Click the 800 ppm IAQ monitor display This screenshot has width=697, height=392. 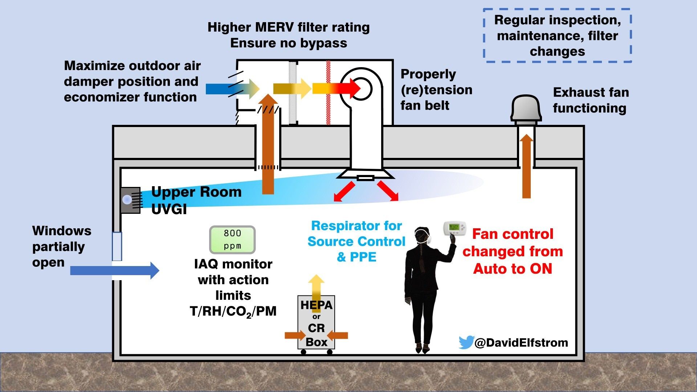click(232, 240)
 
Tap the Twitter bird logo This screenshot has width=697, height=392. click(466, 342)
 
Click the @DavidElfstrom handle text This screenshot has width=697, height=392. click(521, 343)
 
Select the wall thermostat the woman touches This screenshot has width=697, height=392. click(455, 228)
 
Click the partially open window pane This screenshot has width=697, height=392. click(117, 246)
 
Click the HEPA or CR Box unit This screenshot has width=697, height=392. click(316, 323)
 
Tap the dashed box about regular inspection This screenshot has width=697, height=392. click(557, 36)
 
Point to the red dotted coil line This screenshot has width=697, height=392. click(328, 93)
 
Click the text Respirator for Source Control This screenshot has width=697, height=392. click(356, 234)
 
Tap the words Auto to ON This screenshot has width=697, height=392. click(512, 269)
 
